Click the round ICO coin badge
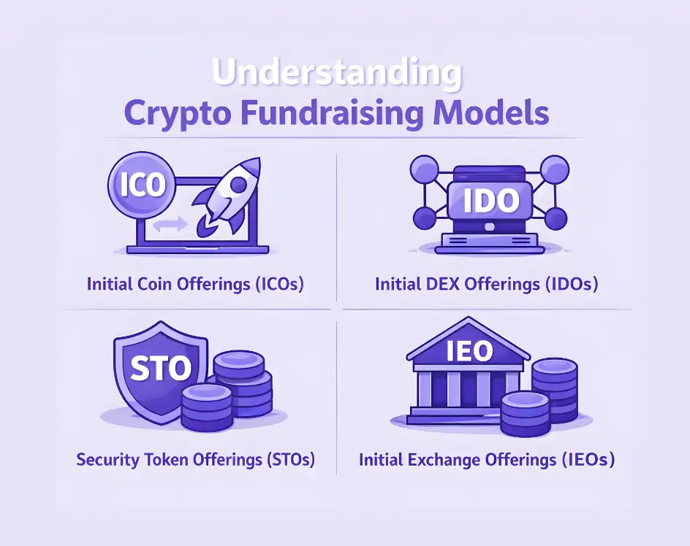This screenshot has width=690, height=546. point(142,185)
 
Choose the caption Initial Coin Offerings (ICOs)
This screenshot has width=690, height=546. point(195,284)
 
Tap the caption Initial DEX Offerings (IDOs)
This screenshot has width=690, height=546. point(487,284)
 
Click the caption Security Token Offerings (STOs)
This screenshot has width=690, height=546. point(196,461)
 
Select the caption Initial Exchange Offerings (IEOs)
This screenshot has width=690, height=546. point(487,461)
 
